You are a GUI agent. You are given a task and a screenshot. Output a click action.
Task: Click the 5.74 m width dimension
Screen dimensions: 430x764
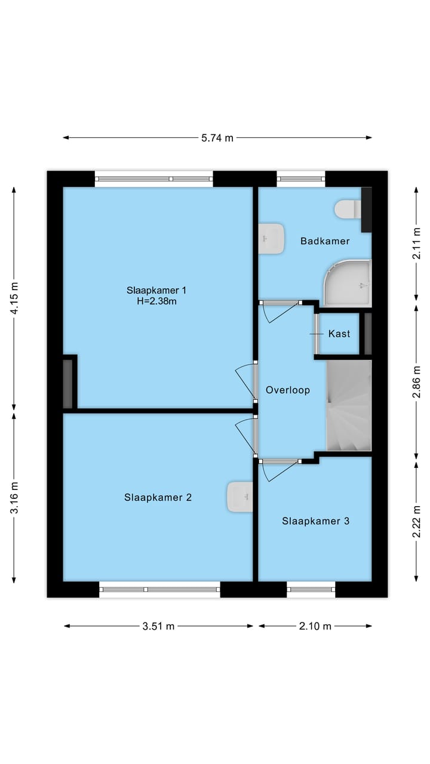coord(217,138)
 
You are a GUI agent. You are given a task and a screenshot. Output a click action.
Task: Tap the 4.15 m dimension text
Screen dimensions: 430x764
coord(14,298)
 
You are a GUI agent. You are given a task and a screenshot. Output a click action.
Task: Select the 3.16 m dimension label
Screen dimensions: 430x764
coord(14,497)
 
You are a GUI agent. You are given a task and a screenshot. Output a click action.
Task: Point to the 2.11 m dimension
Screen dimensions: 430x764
coord(417,244)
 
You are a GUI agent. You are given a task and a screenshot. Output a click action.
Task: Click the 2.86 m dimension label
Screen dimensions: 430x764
coord(417,381)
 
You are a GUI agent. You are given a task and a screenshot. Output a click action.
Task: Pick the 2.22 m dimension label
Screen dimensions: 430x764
coord(417,522)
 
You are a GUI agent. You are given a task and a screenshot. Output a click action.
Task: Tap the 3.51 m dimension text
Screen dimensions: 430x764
coord(158,626)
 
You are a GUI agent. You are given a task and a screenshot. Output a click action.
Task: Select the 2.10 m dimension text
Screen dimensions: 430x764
coord(315,626)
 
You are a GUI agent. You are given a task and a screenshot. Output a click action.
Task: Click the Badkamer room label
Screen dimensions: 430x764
coord(325,241)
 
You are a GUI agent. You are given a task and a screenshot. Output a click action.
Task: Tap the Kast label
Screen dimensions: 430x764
coord(339,334)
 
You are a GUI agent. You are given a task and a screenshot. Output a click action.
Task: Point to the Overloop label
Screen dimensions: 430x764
coord(288,390)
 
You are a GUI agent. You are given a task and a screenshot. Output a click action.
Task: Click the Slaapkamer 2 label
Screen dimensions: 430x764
coord(158,497)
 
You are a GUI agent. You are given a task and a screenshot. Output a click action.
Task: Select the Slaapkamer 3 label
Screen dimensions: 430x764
coord(316,521)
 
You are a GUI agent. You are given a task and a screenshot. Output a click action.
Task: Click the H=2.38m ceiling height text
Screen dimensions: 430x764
coord(156,301)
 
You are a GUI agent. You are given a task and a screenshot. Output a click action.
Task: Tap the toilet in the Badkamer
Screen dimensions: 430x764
coord(348,209)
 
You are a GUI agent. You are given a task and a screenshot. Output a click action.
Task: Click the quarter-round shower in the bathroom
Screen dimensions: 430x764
coord(348,283)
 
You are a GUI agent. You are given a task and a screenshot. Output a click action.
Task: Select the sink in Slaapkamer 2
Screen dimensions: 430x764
coord(240,497)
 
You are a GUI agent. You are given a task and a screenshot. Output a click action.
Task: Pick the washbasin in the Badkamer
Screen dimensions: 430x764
coord(271,239)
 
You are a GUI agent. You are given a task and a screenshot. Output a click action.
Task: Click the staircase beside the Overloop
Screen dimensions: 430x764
coord(349,405)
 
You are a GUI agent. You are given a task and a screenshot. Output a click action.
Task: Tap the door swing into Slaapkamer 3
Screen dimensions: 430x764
coord(278,470)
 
